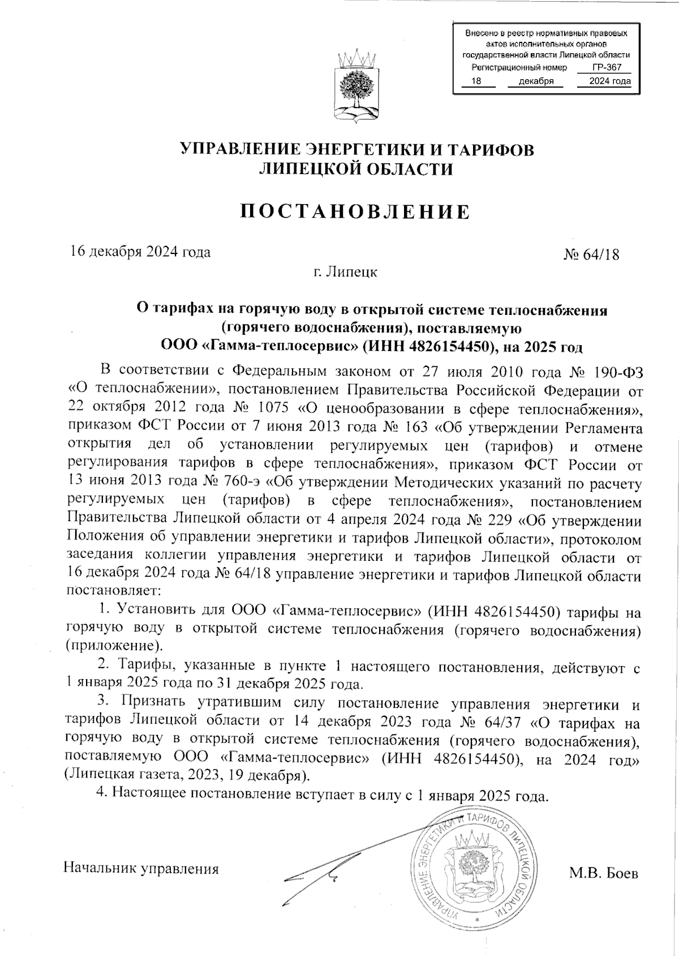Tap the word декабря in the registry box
click(535, 81)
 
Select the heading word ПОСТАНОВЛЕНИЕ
click(356, 212)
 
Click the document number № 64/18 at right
click(591, 254)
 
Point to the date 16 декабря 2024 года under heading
click(140, 252)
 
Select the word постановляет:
click(114, 591)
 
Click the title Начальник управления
click(141, 868)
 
